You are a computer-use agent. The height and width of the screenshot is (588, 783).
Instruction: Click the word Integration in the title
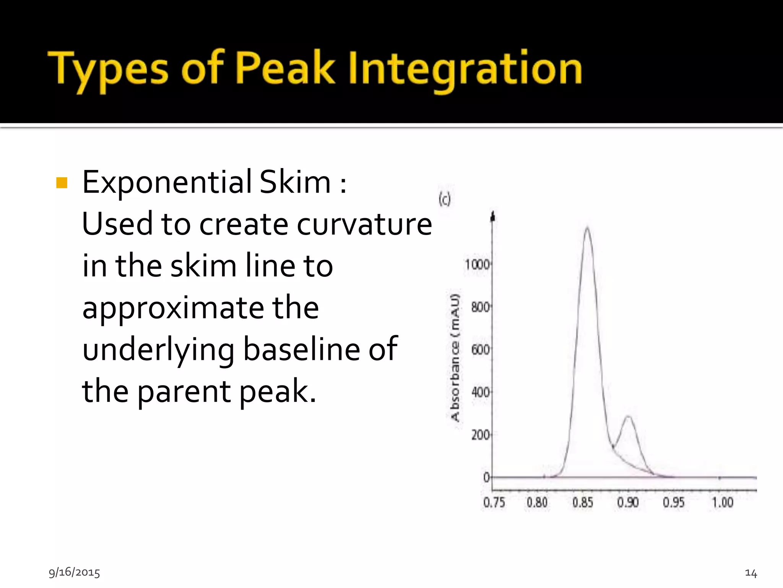(465, 69)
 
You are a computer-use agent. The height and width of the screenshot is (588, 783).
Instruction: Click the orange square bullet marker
(62, 183)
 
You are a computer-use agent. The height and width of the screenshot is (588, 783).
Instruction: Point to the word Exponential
(167, 183)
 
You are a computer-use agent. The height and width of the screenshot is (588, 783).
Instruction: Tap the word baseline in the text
(301, 349)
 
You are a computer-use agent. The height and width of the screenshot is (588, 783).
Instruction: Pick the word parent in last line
(184, 392)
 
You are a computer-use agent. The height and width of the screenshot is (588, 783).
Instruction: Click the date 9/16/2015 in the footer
(74, 572)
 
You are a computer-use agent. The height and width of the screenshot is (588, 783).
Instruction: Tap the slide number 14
(751, 573)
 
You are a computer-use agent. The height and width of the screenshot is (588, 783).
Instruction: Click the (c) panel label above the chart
(445, 199)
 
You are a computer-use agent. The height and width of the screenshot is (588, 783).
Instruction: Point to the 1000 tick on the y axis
(477, 265)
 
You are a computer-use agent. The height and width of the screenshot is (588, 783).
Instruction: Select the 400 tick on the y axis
(480, 392)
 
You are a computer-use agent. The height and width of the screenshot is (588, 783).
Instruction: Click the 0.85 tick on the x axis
(583, 502)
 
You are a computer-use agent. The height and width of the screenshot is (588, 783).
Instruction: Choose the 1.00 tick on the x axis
(722, 502)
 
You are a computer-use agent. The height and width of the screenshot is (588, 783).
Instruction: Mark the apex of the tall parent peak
(587, 228)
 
